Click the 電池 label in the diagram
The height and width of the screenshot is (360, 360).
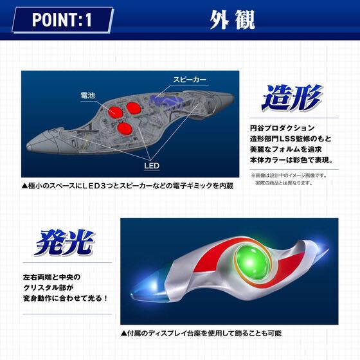(89, 95)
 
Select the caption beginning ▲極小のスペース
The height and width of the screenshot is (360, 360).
(126, 185)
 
